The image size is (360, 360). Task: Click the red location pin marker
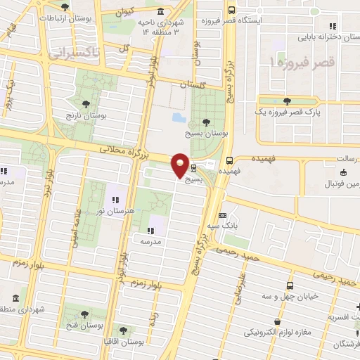point(181,165)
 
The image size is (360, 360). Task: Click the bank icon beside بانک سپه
point(223,215)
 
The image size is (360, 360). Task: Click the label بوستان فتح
point(84,325)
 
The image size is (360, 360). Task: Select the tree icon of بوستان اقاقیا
point(124,329)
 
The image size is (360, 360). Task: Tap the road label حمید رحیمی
point(238,253)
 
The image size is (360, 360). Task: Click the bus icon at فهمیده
point(230,160)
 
